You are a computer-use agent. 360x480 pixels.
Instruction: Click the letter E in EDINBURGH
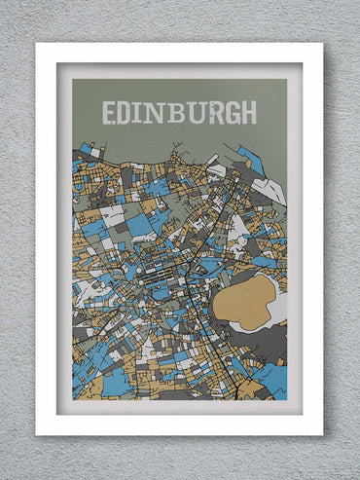click(109, 112)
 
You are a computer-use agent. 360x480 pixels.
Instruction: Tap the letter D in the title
click(127, 112)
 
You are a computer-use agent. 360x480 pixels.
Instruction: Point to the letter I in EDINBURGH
click(141, 112)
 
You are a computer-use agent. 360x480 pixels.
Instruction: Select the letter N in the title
click(157, 112)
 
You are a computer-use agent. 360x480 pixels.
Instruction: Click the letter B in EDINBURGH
click(175, 112)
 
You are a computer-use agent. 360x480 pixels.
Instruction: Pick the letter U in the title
click(194, 112)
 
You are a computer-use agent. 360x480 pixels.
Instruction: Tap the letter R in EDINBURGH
click(212, 112)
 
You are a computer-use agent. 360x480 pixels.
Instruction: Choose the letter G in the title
click(231, 112)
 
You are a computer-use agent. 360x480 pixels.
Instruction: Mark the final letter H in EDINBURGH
click(249, 112)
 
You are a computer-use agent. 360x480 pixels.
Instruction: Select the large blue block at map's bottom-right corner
click(272, 380)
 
